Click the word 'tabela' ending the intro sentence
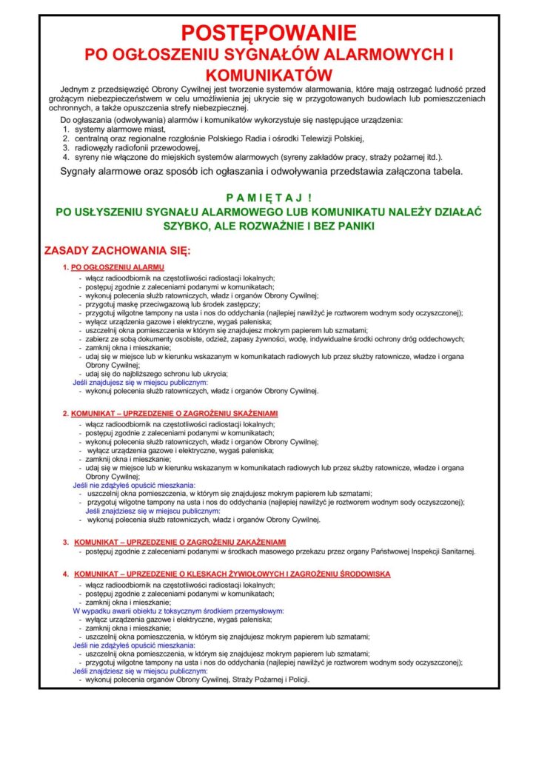[x=446, y=172]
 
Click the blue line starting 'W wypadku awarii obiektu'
[x=178, y=611]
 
